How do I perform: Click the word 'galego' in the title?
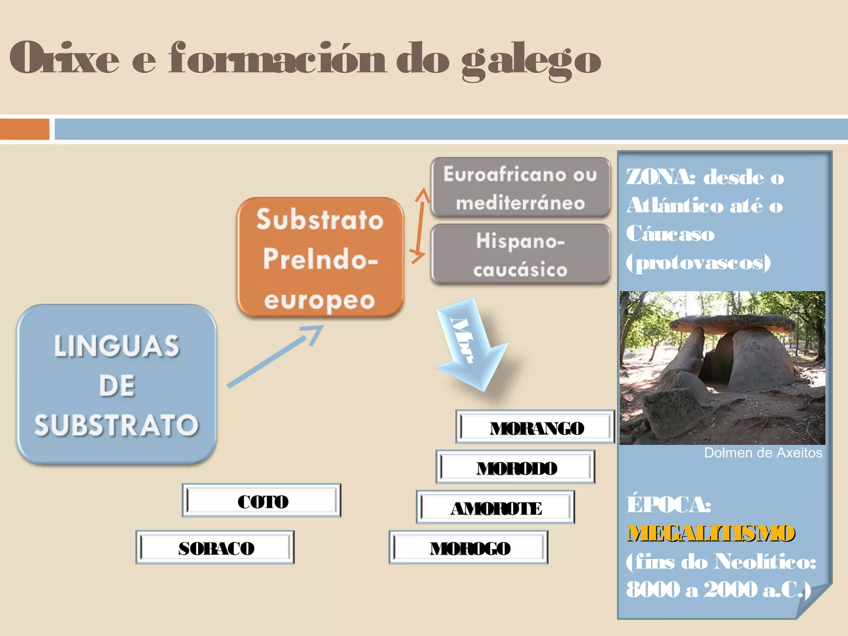coord(531,59)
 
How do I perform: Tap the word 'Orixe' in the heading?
coord(64,58)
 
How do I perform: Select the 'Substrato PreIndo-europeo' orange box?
coord(320,258)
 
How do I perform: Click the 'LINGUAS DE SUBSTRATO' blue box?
coord(116,385)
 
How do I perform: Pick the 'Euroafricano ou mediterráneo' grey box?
coord(520,188)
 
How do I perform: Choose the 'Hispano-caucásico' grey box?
coord(520,254)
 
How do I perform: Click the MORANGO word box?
coord(535,427)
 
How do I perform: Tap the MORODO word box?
coord(516,467)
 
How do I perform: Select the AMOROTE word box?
coord(496,508)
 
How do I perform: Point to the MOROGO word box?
coord(468,548)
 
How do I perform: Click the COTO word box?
coord(262,501)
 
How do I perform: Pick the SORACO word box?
coord(215,547)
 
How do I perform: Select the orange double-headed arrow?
coord(420,226)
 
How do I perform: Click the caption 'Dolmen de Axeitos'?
coord(763,453)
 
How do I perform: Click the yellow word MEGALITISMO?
coord(711,533)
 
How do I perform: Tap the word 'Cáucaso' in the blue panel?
coord(670,234)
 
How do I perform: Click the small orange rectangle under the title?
coord(24,129)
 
